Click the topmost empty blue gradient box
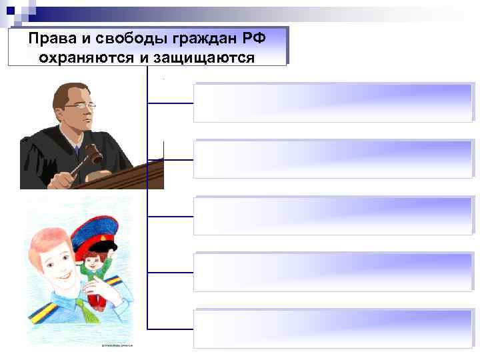pos(333,103)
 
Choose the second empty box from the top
pos(333,159)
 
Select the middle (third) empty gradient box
pos(333,215)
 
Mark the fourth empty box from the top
pos(333,271)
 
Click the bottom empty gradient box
pos(333,328)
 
